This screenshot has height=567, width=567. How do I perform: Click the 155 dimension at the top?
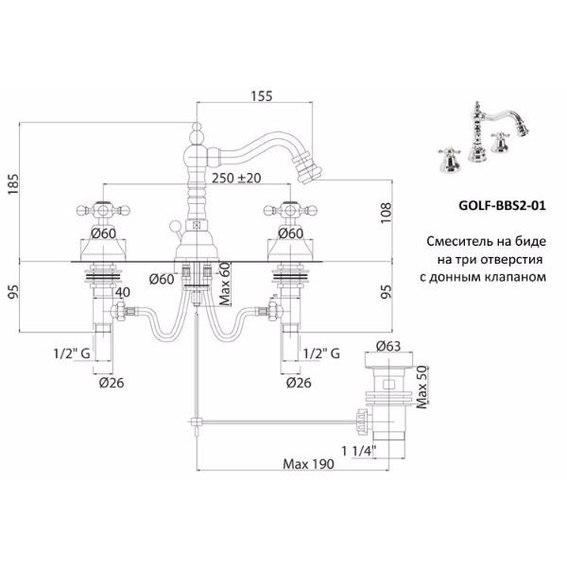(x=262, y=95)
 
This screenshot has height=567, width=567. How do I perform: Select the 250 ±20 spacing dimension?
(x=236, y=178)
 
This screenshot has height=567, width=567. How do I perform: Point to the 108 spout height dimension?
(x=387, y=213)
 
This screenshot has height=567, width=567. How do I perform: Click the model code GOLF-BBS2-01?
(x=502, y=205)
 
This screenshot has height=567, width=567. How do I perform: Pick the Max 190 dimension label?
(x=308, y=464)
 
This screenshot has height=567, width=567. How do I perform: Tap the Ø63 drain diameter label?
(x=388, y=346)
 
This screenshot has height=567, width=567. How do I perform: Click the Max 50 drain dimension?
(x=421, y=387)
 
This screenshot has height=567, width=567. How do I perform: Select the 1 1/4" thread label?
(x=359, y=451)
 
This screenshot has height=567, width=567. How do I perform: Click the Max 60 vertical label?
(x=225, y=283)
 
